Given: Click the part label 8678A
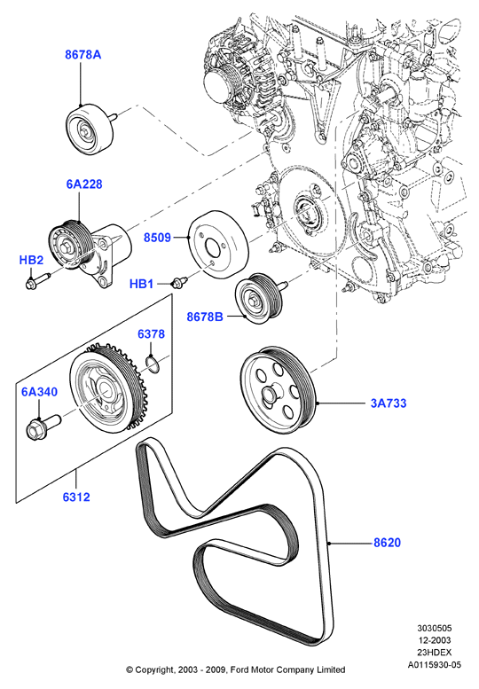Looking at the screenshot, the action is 83,54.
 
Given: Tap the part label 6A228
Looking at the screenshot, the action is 84,184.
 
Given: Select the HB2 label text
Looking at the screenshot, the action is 32,260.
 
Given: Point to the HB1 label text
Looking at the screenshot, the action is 142,284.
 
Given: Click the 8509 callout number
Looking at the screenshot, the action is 157,238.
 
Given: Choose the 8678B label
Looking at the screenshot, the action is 205,317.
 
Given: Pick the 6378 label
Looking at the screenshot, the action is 151,334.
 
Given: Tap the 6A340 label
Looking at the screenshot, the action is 40,392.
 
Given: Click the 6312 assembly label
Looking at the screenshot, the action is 76,497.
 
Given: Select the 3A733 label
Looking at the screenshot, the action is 389,403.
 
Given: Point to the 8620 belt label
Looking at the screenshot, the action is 387,543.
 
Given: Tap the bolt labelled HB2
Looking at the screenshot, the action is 38,281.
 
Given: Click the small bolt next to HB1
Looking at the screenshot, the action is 180,279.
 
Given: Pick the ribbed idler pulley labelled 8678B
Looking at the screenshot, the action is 258,298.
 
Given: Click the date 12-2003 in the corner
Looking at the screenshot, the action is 434,640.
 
